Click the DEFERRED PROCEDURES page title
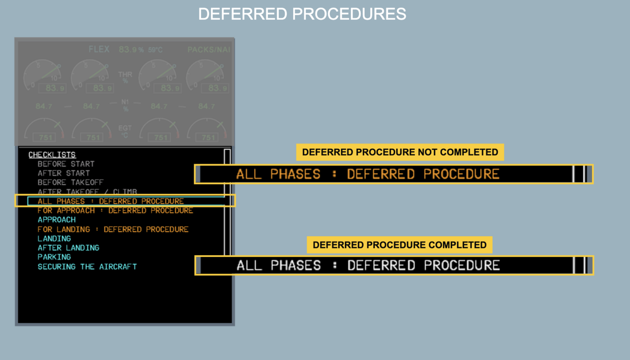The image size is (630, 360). pyautogui.click(x=302, y=14)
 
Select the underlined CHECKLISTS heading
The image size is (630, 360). pyautogui.click(x=52, y=155)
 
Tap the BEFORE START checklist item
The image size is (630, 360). pyautogui.click(x=66, y=164)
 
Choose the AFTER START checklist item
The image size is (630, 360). pyautogui.click(x=63, y=173)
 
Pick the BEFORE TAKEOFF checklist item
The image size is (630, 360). pyautogui.click(x=70, y=182)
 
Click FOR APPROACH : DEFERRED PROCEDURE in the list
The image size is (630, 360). pyautogui.click(x=115, y=210)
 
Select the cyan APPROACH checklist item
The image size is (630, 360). pyautogui.click(x=57, y=220)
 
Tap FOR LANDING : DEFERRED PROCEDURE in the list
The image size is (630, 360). pyautogui.click(x=113, y=229)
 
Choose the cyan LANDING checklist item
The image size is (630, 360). pyautogui.click(x=54, y=239)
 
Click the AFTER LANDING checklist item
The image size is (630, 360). pyautogui.click(x=68, y=248)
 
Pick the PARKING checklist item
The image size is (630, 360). pyautogui.click(x=54, y=257)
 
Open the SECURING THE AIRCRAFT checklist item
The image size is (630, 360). pyautogui.click(x=87, y=266)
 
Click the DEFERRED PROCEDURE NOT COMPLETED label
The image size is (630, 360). pyautogui.click(x=400, y=152)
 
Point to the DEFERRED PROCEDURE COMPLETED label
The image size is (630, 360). pyautogui.click(x=400, y=245)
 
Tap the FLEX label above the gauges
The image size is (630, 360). pyautogui.click(x=99, y=49)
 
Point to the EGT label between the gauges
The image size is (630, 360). pyautogui.click(x=125, y=131)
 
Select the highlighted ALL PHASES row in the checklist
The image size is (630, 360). pyautogui.click(x=111, y=201)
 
